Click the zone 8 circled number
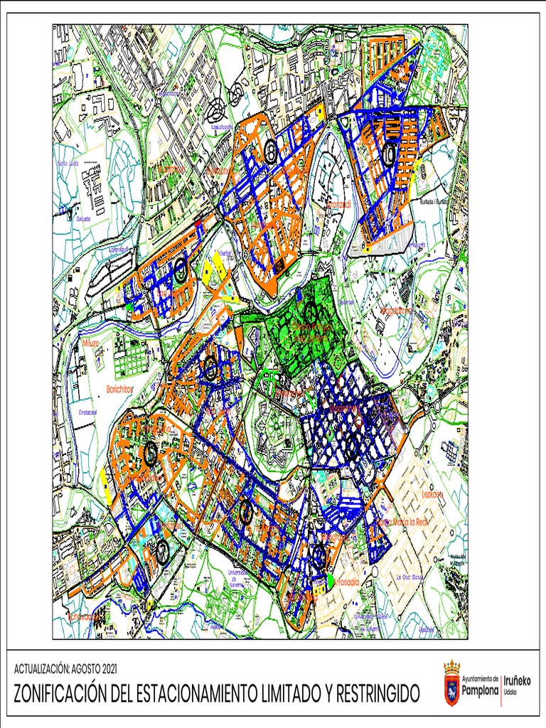click(271, 150)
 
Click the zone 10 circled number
click(389, 154)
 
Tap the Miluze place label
click(91, 343)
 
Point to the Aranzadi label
click(339, 205)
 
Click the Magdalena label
click(396, 311)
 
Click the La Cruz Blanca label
click(411, 577)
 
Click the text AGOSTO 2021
click(91, 669)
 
